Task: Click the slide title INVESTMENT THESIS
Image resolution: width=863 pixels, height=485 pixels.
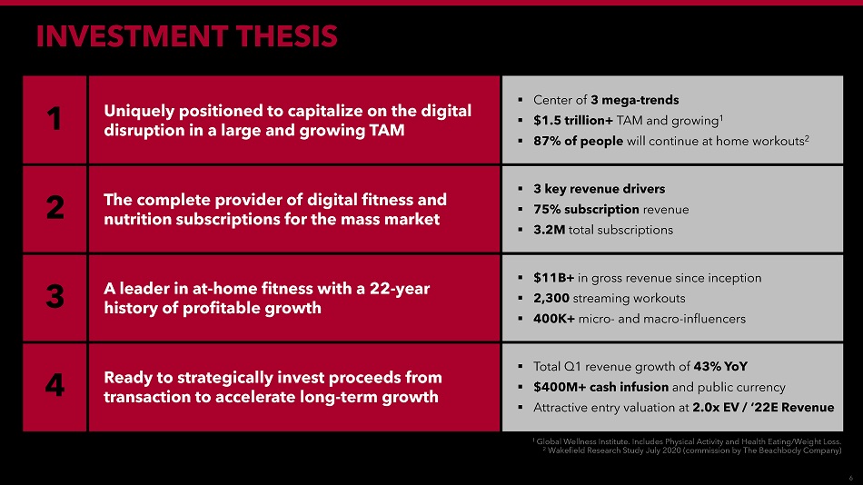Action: [186, 36]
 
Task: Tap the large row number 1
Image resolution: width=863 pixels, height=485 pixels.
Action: [54, 118]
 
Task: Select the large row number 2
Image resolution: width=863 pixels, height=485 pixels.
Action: [55, 208]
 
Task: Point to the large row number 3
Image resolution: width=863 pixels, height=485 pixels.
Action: [55, 296]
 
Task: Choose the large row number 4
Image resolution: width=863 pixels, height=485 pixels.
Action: [55, 385]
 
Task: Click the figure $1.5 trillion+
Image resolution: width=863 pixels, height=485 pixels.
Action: [573, 121]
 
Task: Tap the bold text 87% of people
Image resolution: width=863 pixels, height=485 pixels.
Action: [578, 142]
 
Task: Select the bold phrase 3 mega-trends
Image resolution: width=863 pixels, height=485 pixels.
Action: [635, 100]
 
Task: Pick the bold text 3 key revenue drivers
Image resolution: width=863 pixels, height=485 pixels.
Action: [599, 189]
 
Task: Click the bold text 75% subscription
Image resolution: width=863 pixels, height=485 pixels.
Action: [586, 210]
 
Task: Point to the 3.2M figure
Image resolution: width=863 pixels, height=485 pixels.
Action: [549, 230]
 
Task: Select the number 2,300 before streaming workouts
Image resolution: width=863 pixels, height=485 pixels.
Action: [551, 299]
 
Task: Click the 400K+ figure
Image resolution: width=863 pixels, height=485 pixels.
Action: [554, 319]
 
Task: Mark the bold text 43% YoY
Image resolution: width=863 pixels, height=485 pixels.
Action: [720, 367]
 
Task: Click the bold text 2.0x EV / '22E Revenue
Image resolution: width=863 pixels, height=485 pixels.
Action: [763, 408]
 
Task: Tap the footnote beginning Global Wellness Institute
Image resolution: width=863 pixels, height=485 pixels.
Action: [687, 441]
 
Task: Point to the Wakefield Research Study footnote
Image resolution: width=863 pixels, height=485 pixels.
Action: [692, 450]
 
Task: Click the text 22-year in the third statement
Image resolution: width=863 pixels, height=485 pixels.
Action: [400, 289]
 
